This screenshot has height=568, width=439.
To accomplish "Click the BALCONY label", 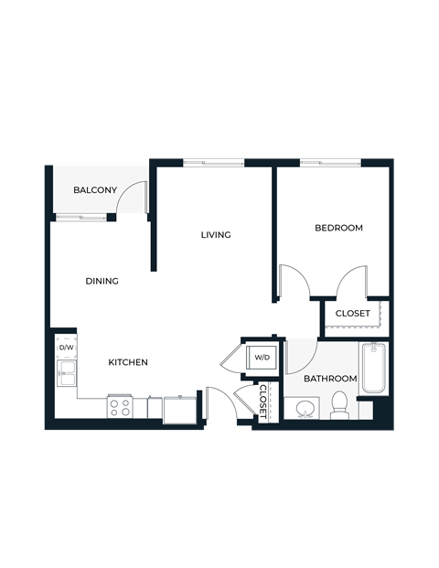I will pos(95,190).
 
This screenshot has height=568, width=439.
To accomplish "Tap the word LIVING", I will pos(216,235).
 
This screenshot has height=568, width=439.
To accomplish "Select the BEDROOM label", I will pos(338,228).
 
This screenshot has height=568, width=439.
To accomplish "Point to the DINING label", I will pos(102,281).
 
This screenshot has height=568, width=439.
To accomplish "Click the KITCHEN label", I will pos(128,363).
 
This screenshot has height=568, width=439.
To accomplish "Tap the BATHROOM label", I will pos(330,379).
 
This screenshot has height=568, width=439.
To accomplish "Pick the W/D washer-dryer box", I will pos(262,357).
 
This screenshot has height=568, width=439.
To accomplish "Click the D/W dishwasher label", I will pos(66,348).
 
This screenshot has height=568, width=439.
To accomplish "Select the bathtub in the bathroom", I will pos(373,368).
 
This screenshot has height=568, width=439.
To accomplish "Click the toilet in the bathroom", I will pos(339,403).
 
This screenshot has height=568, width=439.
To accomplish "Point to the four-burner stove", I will pos(120,407).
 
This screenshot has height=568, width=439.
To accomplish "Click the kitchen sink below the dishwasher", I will pos(66,374).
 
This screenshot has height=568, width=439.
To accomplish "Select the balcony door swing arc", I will pos(134,195).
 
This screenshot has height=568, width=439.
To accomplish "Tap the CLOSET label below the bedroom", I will pos(353,314).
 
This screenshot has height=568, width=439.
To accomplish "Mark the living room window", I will pos(213,163).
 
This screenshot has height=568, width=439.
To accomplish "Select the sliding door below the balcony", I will pos(81,217).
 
